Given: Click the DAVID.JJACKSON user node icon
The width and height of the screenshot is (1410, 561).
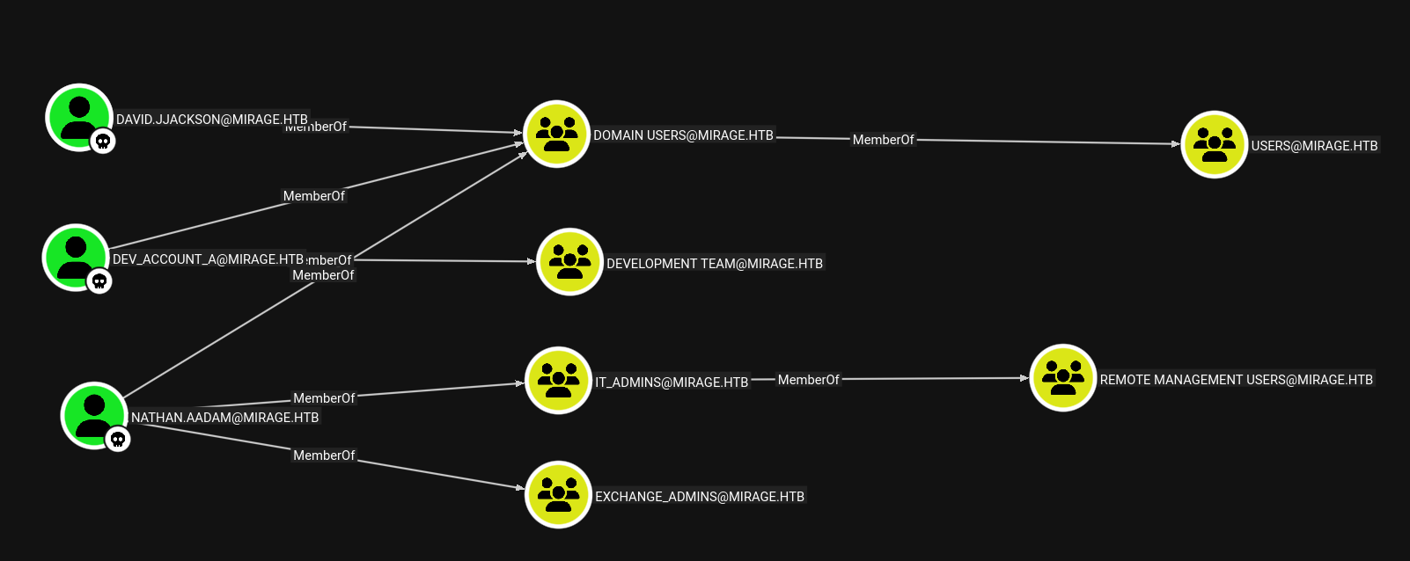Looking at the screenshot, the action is [78, 117].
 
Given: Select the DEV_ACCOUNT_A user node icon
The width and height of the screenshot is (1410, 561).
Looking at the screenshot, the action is [75, 257].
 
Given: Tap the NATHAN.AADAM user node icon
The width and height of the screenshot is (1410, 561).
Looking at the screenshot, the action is [93, 415].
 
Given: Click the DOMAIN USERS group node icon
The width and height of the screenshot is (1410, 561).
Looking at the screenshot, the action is [556, 134].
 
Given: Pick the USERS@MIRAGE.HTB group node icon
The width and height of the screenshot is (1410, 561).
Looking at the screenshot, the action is [1214, 144].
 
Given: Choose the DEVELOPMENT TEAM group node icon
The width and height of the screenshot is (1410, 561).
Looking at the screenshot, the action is [569, 261].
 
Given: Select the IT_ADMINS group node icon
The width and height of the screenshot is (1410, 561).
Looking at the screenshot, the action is [558, 381].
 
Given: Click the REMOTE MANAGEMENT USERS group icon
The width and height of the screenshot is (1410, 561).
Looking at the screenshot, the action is [1062, 378].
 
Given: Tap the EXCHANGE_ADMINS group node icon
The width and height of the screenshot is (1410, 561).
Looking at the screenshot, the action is [558, 494].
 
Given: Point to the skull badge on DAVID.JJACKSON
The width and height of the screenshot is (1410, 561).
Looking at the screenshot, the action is [103, 141].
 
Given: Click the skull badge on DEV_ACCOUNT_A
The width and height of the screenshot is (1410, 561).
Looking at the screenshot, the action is [99, 281].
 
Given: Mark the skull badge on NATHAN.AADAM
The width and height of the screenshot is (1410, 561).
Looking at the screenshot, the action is [118, 439].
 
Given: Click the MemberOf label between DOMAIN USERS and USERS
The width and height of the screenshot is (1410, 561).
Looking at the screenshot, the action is [883, 140].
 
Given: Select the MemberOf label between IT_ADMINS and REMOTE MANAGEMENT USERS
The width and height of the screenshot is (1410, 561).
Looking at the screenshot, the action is [808, 380].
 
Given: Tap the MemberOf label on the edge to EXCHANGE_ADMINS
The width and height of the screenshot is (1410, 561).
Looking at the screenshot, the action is [324, 455].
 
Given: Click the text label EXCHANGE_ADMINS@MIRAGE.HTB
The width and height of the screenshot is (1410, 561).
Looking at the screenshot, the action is [700, 497].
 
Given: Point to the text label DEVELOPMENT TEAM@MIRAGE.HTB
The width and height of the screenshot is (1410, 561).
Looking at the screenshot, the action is [715, 264].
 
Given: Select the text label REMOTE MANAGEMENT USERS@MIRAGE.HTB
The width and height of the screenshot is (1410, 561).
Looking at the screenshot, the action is [1236, 380].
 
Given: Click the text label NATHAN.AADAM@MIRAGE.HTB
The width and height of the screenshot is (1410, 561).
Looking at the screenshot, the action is [224, 418].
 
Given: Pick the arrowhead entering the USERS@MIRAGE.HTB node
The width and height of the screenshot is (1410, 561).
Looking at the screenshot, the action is [1175, 143].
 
